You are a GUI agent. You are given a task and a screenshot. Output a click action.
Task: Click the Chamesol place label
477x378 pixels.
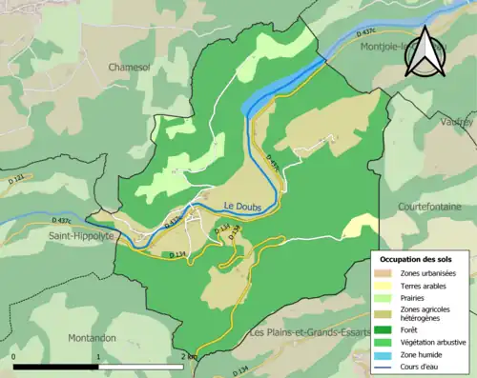(132, 68)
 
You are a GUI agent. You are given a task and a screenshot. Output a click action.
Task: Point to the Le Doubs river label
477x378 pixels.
(243, 206)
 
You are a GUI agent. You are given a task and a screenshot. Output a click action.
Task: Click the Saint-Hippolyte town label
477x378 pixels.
(81, 234)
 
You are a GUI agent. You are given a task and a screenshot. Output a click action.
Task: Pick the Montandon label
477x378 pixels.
(93, 337)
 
